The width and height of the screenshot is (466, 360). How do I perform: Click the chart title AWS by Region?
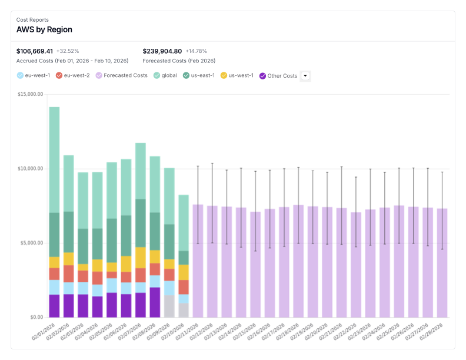tap(44, 29)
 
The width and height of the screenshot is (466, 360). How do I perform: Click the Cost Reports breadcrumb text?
tap(32, 19)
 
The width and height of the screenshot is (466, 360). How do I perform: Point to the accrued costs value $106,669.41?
tap(35, 51)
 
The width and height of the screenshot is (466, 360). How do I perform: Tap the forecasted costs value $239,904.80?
tap(162, 51)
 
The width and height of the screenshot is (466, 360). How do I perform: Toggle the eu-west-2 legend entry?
tap(72, 75)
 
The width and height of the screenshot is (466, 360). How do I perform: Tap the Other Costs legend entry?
tap(278, 75)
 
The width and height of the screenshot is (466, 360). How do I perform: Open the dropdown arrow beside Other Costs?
tap(305, 75)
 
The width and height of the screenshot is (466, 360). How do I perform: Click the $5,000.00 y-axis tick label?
tap(31, 243)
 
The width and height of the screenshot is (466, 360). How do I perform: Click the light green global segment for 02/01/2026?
tap(54, 159)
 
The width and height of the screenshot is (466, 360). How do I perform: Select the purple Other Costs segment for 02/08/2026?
tap(155, 302)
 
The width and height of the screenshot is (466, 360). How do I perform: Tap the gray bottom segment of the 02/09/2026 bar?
tap(169, 306)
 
